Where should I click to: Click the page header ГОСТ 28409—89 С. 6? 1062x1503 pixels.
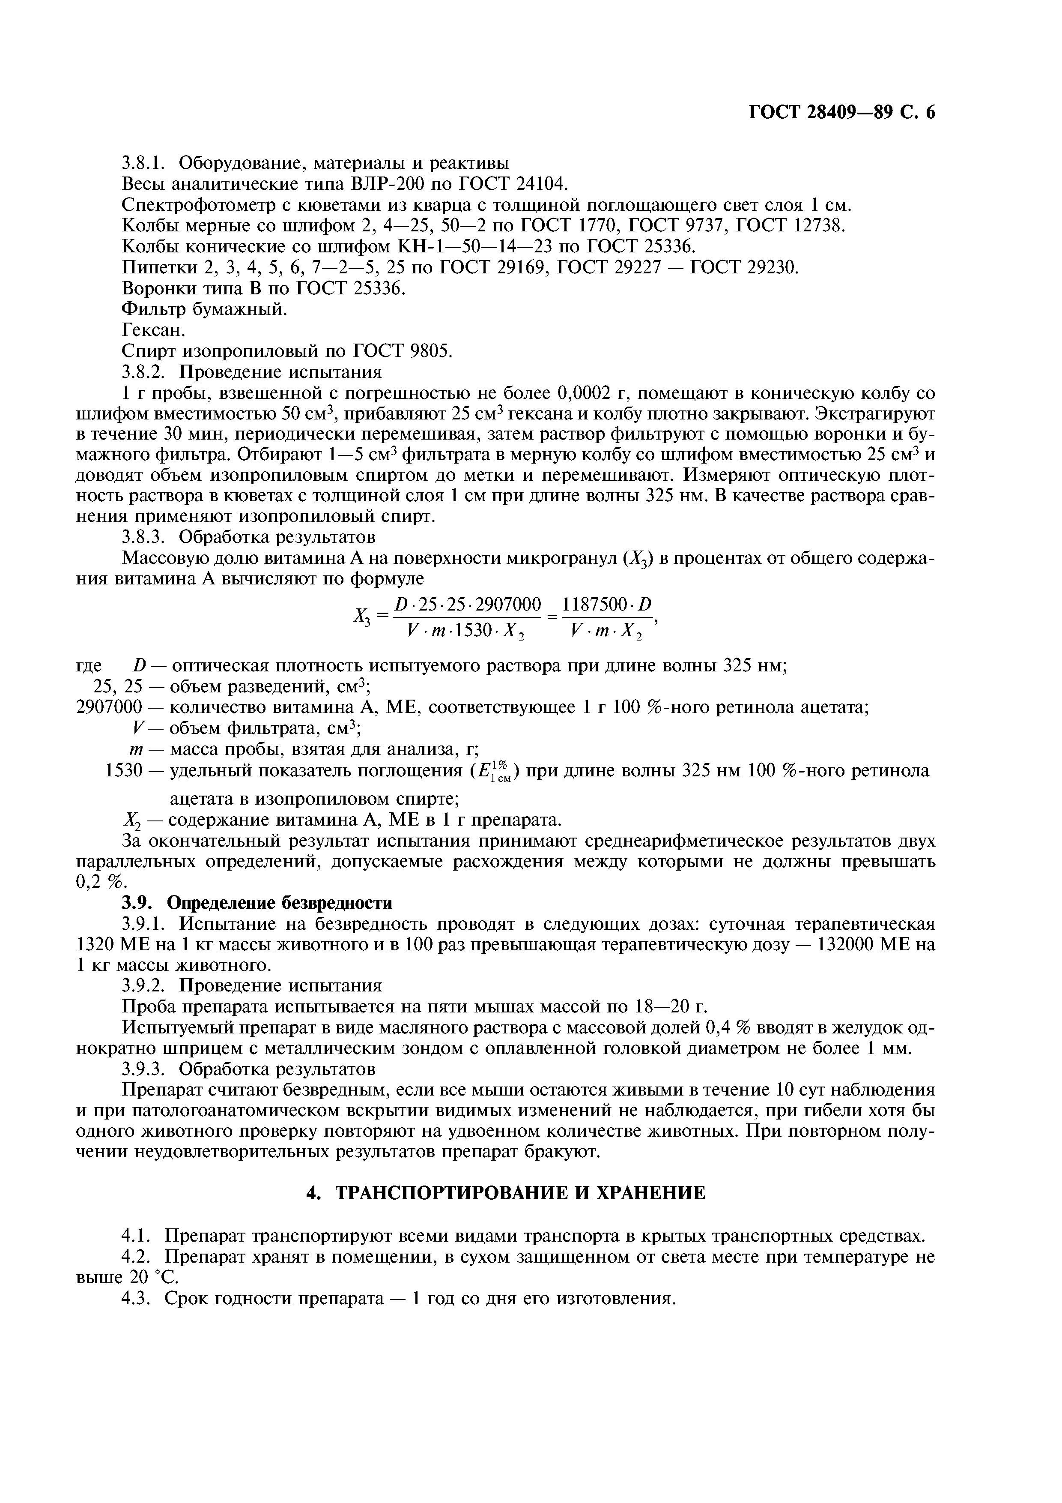[841, 113]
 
